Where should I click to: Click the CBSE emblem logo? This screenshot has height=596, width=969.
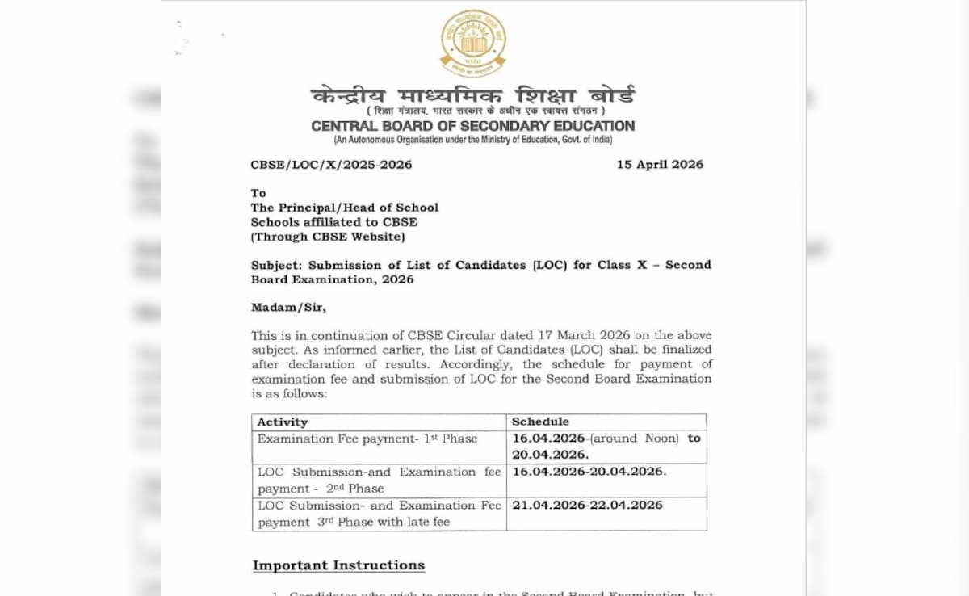[x=472, y=43]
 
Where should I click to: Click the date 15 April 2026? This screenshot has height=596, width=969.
[x=660, y=164]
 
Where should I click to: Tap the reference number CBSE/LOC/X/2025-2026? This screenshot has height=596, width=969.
[x=331, y=165]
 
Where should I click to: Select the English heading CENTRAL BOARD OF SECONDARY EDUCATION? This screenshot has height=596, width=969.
[x=472, y=126]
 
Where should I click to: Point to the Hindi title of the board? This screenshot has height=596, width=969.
[x=472, y=96]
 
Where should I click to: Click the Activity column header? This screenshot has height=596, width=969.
[x=283, y=422]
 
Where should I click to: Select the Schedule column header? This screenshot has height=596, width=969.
[x=540, y=422]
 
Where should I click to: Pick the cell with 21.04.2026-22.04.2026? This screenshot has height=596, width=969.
[x=587, y=506]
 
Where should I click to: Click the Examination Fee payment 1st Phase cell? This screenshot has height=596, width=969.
[x=367, y=439]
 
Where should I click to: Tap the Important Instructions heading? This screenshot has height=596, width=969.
[x=338, y=565]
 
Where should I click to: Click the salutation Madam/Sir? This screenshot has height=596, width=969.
[x=288, y=307]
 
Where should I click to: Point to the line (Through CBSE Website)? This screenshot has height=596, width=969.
[x=328, y=237]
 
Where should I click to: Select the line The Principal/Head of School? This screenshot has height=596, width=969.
[x=345, y=208]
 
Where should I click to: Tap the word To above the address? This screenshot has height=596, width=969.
[x=258, y=193]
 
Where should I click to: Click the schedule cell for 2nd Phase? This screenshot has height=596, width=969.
[x=589, y=472]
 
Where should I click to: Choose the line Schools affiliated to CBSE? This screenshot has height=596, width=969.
[x=334, y=222]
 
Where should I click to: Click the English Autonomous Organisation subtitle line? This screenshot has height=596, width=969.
[x=472, y=140]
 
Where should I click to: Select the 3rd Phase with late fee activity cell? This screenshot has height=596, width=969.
[x=379, y=514]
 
